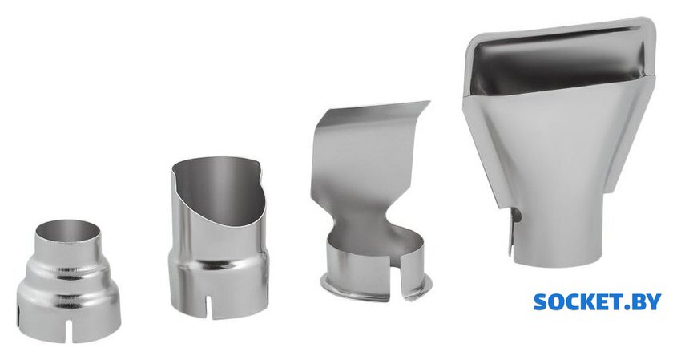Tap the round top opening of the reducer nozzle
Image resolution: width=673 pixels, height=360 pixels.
pyautogui.click(x=68, y=231)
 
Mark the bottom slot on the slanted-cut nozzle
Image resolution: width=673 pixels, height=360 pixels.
pyautogui.click(x=208, y=307)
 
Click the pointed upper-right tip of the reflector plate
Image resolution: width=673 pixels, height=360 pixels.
pyautogui.click(x=429, y=101)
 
